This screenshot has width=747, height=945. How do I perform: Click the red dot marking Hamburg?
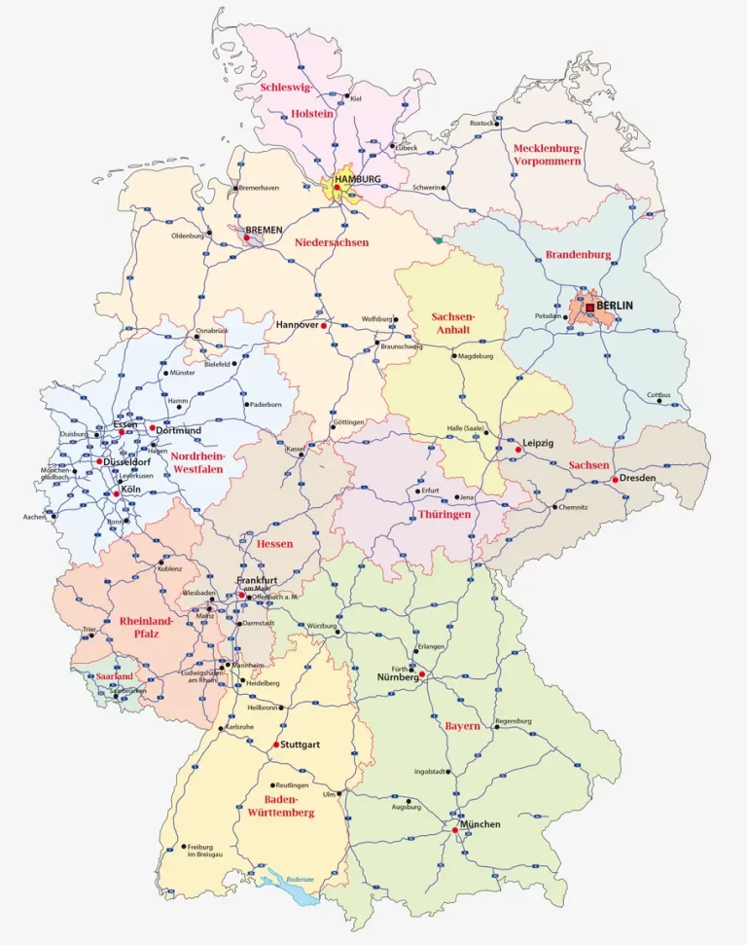(337, 188)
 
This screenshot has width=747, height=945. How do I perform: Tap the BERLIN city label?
(615, 306)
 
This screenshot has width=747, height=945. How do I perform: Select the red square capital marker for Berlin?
(589, 307)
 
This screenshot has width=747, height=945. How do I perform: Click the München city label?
(480, 824)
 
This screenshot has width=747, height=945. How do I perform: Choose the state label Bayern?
(463, 726)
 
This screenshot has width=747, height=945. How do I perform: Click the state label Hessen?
(274, 543)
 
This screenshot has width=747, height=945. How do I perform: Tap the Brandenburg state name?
(578, 255)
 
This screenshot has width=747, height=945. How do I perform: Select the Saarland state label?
(114, 675)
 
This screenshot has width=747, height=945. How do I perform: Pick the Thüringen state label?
(445, 514)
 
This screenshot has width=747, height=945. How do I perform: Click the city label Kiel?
(356, 99)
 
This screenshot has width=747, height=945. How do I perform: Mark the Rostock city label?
(482, 124)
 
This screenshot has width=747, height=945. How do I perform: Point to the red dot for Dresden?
(615, 480)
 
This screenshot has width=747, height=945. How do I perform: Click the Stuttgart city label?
(301, 745)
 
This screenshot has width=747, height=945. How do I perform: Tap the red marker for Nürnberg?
(422, 674)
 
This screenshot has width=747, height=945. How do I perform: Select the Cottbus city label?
(659, 394)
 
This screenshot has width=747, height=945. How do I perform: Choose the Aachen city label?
(34, 517)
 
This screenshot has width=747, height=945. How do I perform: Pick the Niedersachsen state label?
(332, 242)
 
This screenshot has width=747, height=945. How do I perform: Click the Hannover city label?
(298, 324)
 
